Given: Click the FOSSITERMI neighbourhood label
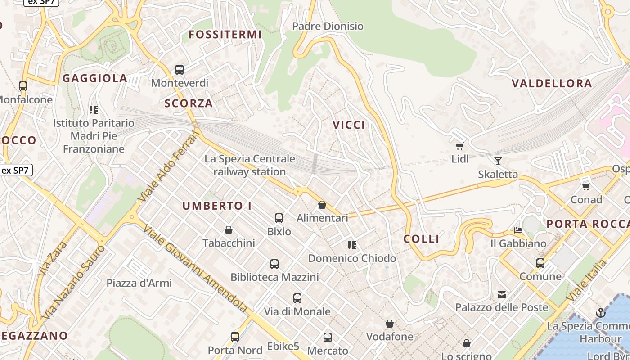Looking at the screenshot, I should pyautogui.click(x=225, y=35).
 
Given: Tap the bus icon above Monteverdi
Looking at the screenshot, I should pyautogui.click(x=180, y=70).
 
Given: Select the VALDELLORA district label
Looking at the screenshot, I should pyautogui.click(x=552, y=83).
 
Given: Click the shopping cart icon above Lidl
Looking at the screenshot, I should pyautogui.click(x=459, y=146).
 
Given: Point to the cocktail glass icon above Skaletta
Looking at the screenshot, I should pyautogui.click(x=498, y=161).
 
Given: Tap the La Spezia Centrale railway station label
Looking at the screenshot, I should pyautogui.click(x=250, y=165).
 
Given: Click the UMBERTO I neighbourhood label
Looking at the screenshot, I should pyautogui.click(x=217, y=206).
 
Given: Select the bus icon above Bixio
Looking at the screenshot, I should pyautogui.click(x=279, y=219).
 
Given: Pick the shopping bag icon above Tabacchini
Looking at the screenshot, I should pyautogui.click(x=229, y=230).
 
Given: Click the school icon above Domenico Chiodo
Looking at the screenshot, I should pyautogui.click(x=352, y=245).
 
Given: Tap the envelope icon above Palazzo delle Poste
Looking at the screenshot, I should pyautogui.click(x=502, y=295).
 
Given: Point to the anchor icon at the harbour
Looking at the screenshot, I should pyautogui.click(x=600, y=312).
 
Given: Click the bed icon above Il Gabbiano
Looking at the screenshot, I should pyautogui.click(x=518, y=230).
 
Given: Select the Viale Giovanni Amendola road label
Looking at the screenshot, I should pyautogui.click(x=195, y=268).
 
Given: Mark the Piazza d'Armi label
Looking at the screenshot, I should pyautogui.click(x=139, y=283).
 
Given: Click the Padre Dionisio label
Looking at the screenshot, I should pyautogui.click(x=328, y=26).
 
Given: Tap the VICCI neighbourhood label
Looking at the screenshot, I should pyautogui.click(x=349, y=125).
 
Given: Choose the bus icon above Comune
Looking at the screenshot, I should pyautogui.click(x=540, y=263).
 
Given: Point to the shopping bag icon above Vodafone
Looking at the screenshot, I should pyautogui.click(x=390, y=324).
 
